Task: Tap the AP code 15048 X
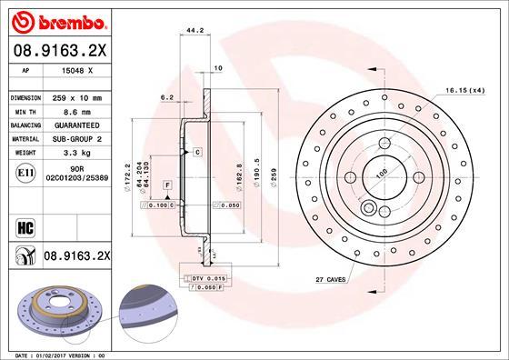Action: [75, 70]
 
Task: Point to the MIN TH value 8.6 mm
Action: [75, 110]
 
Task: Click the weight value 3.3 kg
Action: [75, 153]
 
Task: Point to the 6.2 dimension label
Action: [166, 96]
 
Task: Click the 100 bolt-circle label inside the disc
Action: [383, 173]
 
